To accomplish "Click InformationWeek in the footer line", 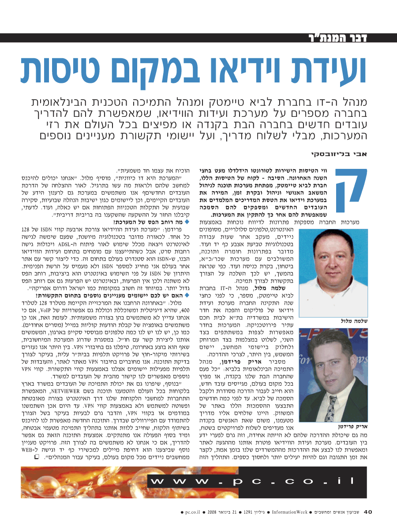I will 289,512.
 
